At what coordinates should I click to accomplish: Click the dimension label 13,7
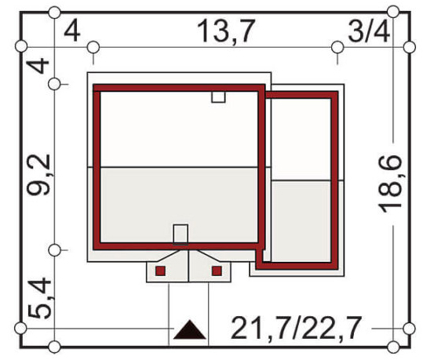(x=226, y=31)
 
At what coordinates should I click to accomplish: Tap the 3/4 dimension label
(x=369, y=32)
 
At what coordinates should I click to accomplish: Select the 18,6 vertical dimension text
(x=390, y=184)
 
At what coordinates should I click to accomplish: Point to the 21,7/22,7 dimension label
(x=296, y=328)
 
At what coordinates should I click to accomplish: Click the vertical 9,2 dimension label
(x=38, y=174)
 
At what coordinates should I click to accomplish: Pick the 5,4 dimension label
(x=39, y=298)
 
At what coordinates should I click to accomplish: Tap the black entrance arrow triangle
(x=190, y=329)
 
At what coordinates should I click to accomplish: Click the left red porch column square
(x=161, y=271)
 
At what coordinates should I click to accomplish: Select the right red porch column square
(x=217, y=271)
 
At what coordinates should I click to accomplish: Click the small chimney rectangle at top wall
(x=218, y=97)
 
